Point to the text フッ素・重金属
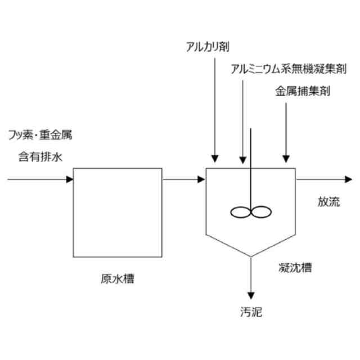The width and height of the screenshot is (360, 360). pyautogui.click(x=40, y=135)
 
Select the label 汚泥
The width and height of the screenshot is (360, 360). pyautogui.click(x=250, y=312)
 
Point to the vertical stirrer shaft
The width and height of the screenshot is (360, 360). pyautogui.click(x=250, y=169)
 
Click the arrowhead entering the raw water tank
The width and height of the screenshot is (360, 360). pyautogui.click(x=70, y=180)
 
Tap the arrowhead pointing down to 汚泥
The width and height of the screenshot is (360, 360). pyautogui.click(x=250, y=295)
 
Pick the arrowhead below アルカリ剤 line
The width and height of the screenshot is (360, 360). pyautogui.click(x=214, y=159)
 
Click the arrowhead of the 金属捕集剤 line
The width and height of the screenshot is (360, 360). pyautogui.click(x=286, y=159)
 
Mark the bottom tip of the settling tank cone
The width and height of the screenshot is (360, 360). pyautogui.click(x=250, y=256)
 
